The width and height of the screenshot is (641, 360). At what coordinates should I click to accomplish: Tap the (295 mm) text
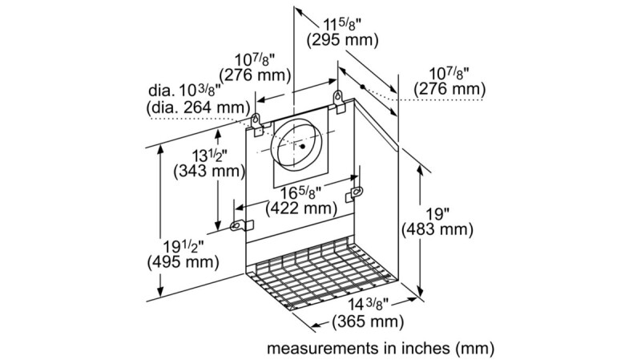343,40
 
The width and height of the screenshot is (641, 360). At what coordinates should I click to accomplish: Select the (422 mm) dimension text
301,208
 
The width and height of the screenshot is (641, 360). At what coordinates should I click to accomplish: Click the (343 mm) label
209,171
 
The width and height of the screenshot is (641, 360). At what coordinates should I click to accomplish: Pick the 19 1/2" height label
183,246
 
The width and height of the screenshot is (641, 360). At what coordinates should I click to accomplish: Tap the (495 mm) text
183,262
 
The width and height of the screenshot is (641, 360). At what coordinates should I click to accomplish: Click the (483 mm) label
437,229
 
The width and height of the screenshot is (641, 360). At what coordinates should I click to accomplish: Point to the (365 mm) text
368,322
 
